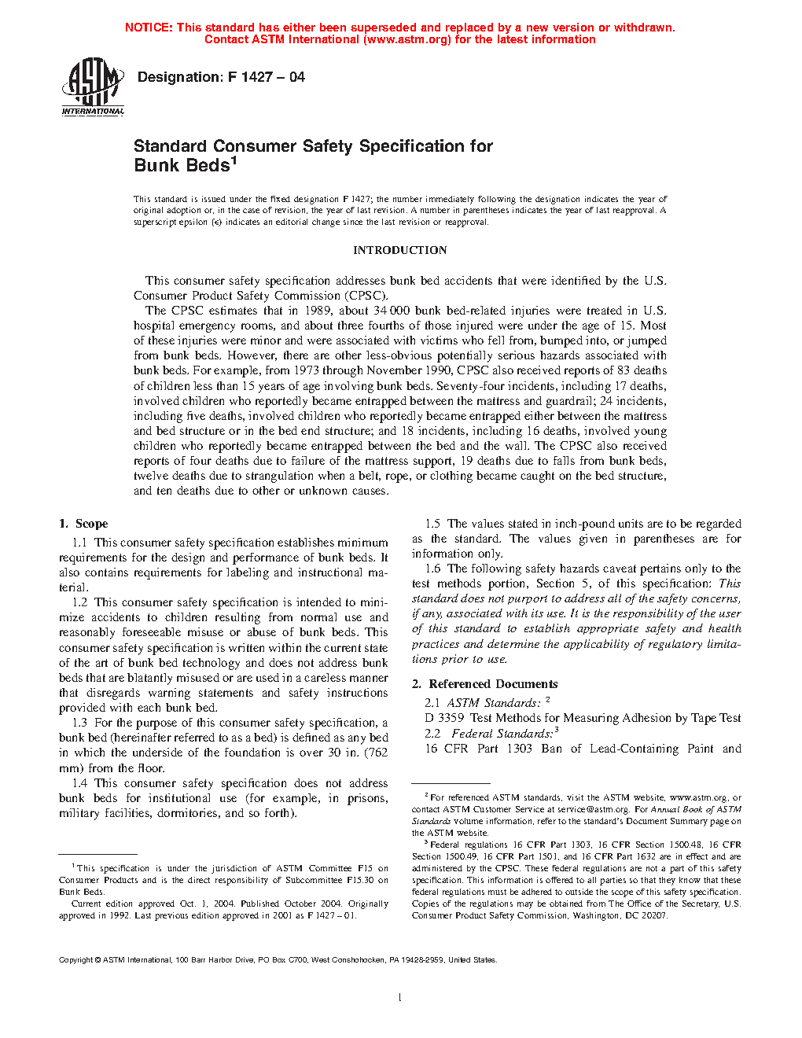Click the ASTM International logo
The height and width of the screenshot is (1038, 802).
click(93, 87)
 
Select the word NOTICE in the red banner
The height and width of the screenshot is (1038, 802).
click(149, 28)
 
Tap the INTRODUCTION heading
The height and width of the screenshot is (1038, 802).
click(399, 250)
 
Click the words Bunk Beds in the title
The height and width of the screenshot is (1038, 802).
click(182, 166)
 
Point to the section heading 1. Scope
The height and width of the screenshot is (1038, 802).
click(83, 524)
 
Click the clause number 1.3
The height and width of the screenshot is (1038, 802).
click(79, 723)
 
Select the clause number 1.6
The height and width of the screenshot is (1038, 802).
click(432, 569)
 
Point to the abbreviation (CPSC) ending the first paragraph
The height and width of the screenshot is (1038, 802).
click(366, 296)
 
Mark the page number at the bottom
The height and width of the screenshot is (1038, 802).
click(400, 998)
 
